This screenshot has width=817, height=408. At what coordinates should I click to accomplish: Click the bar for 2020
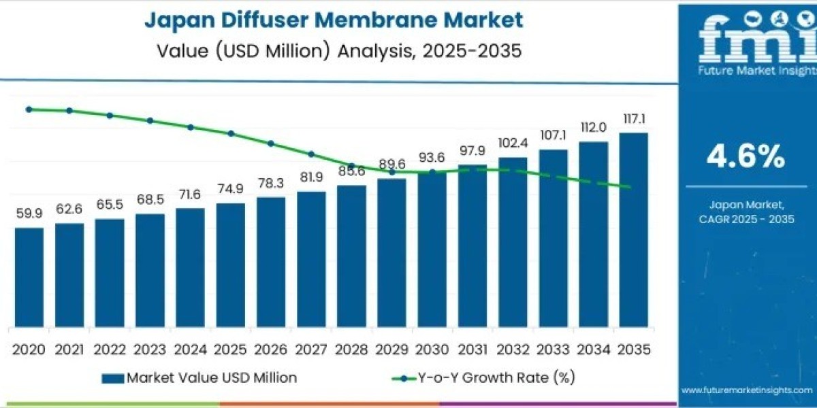[29, 277]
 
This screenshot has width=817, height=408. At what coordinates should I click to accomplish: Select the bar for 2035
[633, 229]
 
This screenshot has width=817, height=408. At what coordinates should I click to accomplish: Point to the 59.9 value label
[29, 214]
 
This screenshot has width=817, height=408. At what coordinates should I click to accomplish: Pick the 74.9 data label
[230, 189]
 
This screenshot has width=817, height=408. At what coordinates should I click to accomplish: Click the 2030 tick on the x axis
[432, 350]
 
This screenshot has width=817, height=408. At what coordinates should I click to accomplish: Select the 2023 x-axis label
[150, 350]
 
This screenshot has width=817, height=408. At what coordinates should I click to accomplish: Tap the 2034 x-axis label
[593, 350]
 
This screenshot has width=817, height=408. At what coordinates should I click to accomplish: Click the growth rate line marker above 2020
[29, 109]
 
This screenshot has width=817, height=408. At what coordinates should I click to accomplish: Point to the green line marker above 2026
[270, 143]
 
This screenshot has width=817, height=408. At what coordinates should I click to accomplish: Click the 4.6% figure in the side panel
[746, 158]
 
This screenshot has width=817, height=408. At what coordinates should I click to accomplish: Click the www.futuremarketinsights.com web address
[748, 390]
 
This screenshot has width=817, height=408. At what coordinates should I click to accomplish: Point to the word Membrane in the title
[383, 20]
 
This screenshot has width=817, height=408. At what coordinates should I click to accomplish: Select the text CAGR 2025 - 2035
[747, 218]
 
